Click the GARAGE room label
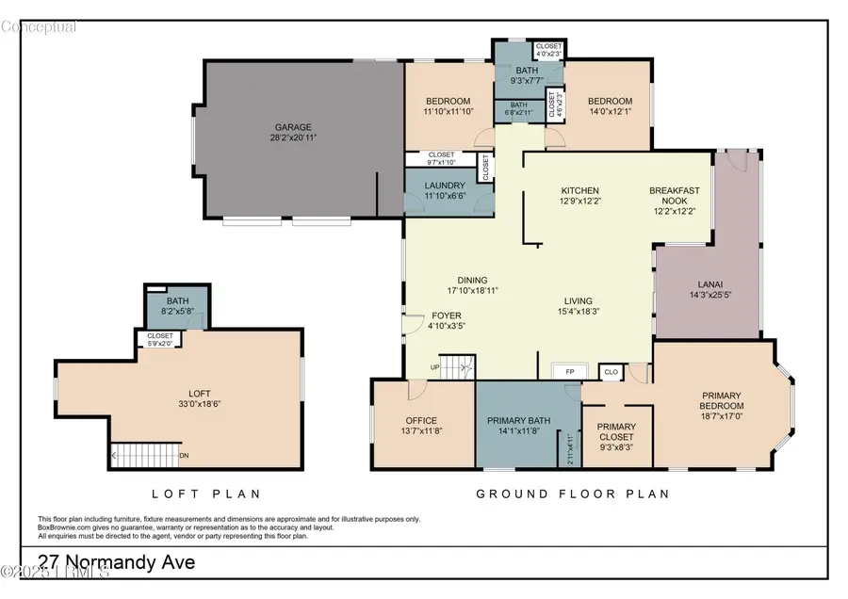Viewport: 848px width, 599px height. [293, 127]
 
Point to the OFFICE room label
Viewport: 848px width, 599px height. [422, 421]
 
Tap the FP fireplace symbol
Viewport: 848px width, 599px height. [568, 371]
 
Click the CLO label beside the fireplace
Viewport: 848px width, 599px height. [612, 372]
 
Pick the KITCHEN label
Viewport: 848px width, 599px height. [580, 190]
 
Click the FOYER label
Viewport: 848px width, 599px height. [446, 316]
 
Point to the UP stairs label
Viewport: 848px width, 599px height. [434, 367]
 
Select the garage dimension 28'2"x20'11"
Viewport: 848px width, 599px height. [293, 138]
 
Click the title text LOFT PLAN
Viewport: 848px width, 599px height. [206, 494]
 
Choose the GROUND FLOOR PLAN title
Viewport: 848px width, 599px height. [572, 494]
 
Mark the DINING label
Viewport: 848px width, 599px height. [472, 280]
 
